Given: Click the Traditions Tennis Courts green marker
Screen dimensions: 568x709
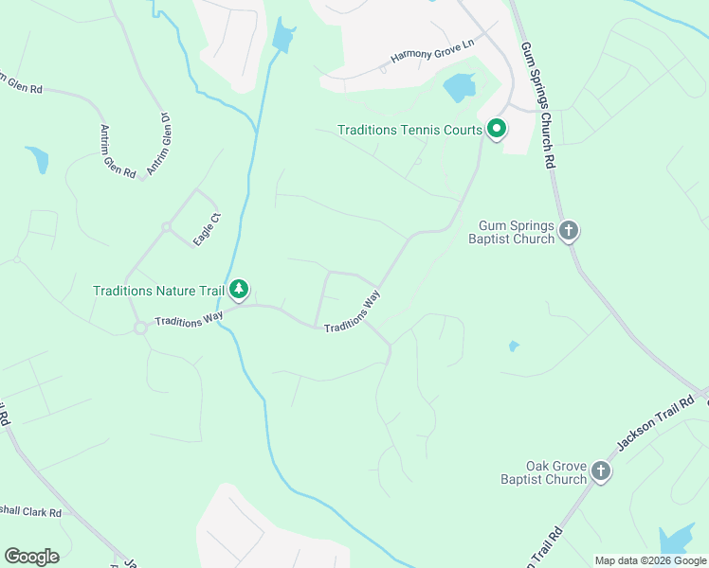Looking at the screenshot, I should (496, 129).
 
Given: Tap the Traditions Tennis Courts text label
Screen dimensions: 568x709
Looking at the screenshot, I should (410, 130).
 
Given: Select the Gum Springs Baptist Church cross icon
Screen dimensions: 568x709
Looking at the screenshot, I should (568, 231).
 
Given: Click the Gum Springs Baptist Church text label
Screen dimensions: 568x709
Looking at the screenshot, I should (511, 232).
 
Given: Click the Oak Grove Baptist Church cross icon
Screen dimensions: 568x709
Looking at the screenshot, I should (600, 471).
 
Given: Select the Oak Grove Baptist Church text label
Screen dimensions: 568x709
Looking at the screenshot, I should (543, 472).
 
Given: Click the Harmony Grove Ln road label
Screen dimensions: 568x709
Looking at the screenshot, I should (431, 54).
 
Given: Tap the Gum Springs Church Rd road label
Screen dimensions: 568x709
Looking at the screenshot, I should (536, 105).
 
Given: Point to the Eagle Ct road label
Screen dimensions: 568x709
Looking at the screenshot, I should (207, 231).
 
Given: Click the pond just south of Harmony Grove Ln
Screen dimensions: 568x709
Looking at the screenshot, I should (460, 87).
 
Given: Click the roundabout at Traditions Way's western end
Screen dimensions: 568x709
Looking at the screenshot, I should (140, 328).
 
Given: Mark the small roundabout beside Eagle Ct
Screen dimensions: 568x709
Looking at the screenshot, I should (166, 226).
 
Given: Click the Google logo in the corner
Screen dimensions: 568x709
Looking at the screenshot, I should (31, 557).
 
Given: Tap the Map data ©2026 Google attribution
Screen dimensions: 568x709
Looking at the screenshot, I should (650, 560).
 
